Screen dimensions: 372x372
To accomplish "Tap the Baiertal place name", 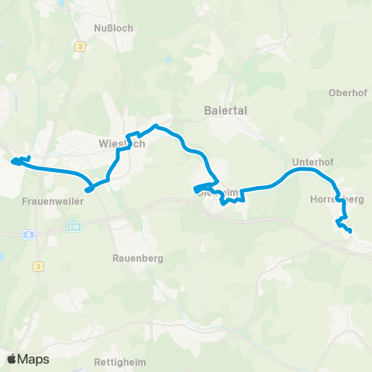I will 225,110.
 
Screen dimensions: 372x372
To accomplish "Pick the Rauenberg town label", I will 137,259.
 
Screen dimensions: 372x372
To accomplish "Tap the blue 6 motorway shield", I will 29,232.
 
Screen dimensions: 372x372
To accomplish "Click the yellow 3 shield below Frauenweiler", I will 38,265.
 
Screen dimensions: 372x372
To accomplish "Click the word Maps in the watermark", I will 33,359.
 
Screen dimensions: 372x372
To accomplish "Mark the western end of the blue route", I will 13,162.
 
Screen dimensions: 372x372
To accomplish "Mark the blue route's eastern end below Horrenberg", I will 350,231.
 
